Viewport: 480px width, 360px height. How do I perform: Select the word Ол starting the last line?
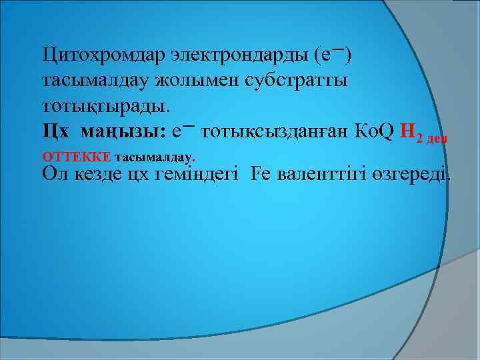53,175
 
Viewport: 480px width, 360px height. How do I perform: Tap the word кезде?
99,175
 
